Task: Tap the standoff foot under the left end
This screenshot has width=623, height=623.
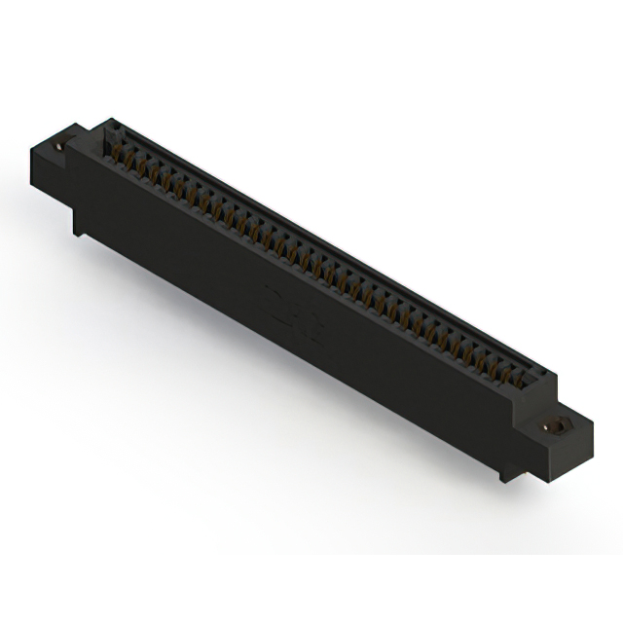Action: pos(79,225)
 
